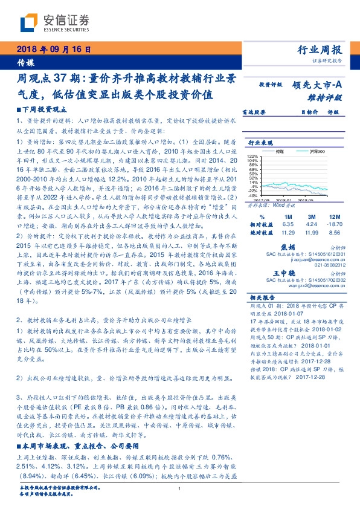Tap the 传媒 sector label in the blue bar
pyautogui.click(x=25, y=62)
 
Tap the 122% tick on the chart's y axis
pyautogui.click(x=252, y=157)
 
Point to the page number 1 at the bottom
pyautogui.click(x=180, y=489)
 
